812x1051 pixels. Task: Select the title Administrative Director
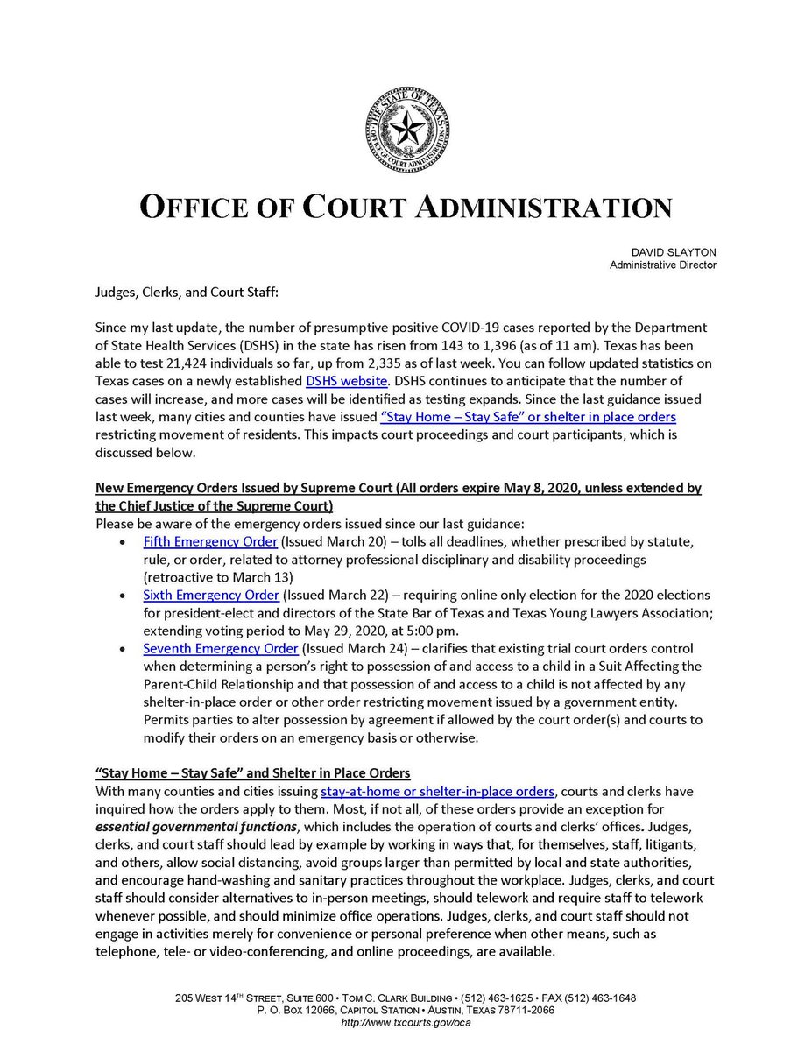coord(662,265)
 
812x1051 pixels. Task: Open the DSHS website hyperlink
coord(347,382)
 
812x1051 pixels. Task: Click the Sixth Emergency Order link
coord(211,595)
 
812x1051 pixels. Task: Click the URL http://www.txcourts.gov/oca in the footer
coord(405,1023)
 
